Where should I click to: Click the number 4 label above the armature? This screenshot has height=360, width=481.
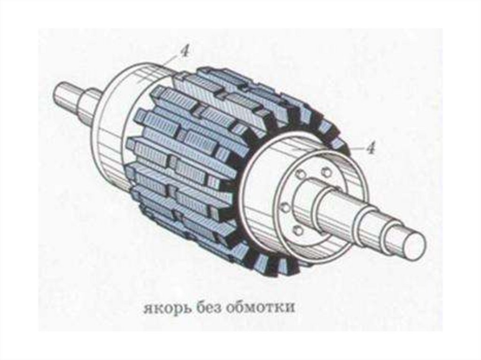185,51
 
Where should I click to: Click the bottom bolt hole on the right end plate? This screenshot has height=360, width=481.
297,230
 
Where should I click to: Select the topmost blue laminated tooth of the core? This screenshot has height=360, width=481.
207,75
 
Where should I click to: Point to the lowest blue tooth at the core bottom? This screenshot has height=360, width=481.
282,268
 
